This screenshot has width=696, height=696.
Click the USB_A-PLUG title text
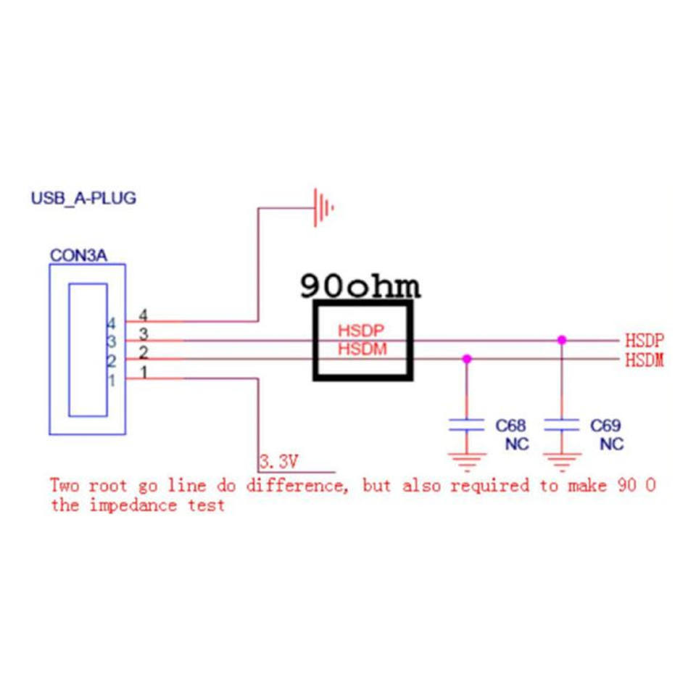83,198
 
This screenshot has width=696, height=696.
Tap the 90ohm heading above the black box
360,287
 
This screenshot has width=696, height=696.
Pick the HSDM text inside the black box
362,349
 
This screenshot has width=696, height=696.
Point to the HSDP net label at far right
644,340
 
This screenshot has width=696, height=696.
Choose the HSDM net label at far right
644,360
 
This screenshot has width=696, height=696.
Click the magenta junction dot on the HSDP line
561,339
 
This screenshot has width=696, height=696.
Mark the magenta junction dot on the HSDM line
466,358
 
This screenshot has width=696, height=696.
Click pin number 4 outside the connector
143,316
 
